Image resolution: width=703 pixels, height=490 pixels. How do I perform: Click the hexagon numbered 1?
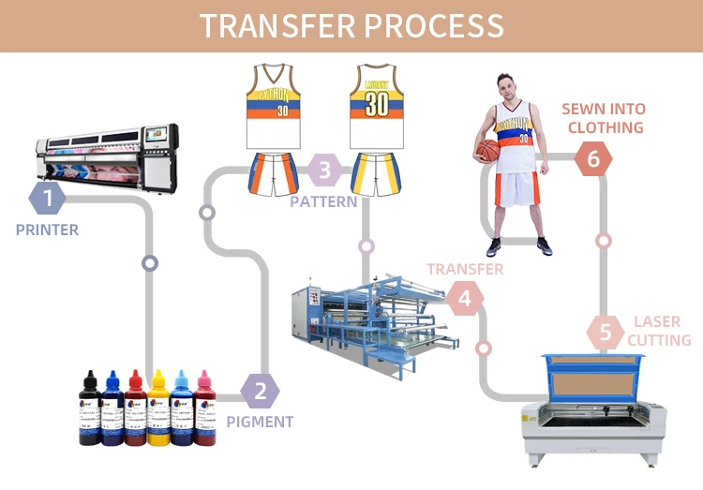coord(47,198)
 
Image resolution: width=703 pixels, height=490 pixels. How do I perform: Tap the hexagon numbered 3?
coord(324,171)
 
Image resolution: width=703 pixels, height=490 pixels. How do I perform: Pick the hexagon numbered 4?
coord(464,299)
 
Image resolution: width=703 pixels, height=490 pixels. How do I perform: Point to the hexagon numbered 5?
coord(605,332)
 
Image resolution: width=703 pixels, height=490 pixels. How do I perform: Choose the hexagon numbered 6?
coord(592,159)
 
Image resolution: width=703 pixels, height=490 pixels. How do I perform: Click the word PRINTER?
coord(47,230)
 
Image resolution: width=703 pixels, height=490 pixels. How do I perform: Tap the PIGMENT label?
coord(261,423)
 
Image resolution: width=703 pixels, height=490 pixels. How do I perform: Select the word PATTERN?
coord(323,201)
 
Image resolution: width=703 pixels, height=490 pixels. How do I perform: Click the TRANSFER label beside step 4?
coord(465,269)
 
